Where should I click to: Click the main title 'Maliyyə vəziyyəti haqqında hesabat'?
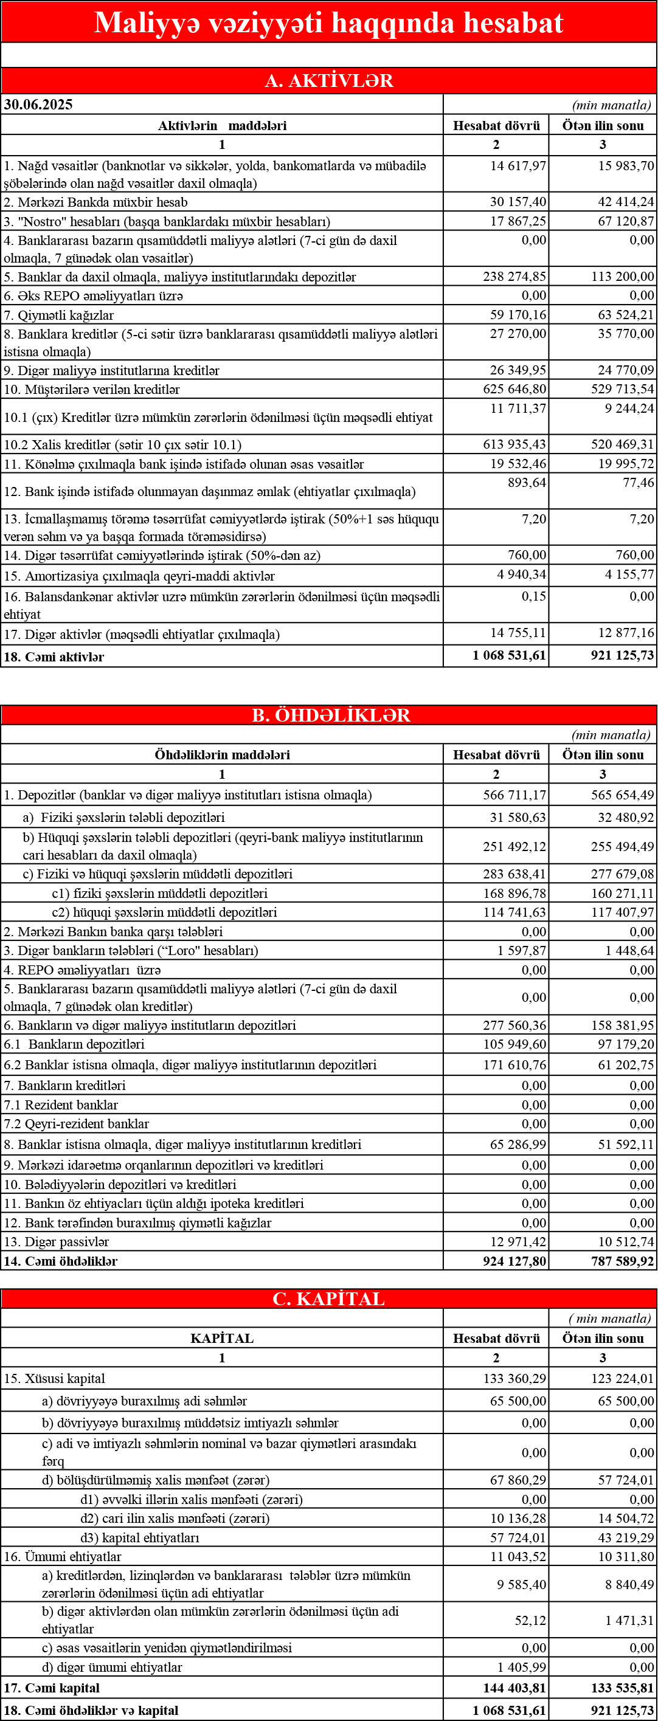pos(328,22)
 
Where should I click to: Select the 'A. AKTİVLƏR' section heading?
pos(328,81)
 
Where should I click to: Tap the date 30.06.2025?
pos(38,104)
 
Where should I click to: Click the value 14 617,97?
pos(518,166)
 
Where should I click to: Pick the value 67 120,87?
pos(626,221)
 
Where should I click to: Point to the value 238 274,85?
pos(514,277)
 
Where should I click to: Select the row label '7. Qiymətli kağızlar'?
pos(59,316)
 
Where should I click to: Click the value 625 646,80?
pos(514,389)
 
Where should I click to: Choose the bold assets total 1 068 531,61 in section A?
pos(509,655)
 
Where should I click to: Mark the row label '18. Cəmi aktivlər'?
pos(54,657)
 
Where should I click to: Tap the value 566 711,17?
pos(514,795)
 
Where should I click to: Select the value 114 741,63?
pos(514,912)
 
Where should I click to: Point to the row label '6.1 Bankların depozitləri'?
pos(74,1044)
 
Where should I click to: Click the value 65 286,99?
pos(518,1145)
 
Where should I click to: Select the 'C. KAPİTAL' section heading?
pos(328,1299)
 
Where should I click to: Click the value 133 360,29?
pos(514,1378)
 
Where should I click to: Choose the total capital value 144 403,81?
pos(514,1688)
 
